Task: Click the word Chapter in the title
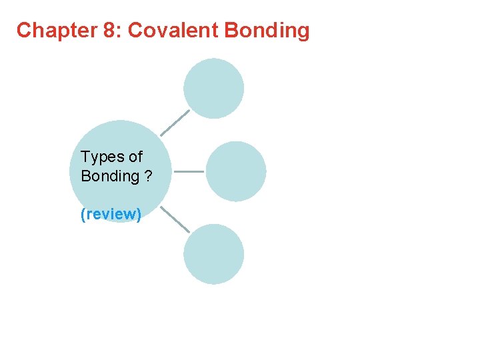tap(51, 31)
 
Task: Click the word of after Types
tap(135, 157)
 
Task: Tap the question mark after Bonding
tap(148, 176)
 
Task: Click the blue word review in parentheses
tap(111, 215)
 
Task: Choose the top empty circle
tap(214, 88)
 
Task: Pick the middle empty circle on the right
tap(235, 171)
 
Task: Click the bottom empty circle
tap(214, 254)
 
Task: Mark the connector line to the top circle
tap(175, 123)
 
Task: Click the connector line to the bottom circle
tap(175, 219)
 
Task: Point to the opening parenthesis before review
tap(83, 215)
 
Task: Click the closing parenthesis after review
tap(139, 215)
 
